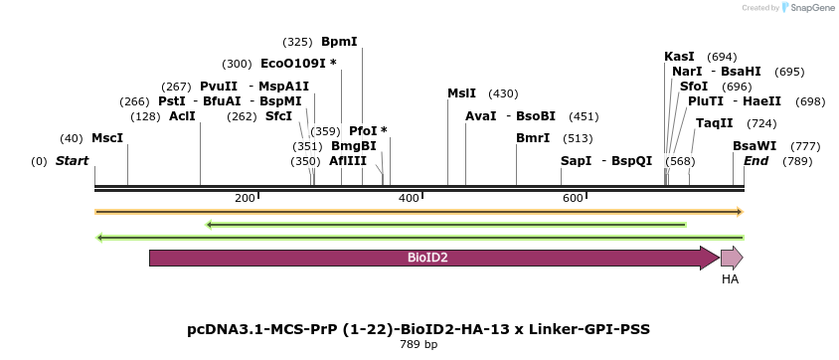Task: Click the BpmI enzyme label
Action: [339, 42]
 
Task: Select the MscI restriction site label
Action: [107, 138]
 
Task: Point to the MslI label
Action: [461, 93]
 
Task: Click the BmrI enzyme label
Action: [533, 138]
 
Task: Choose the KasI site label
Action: [679, 57]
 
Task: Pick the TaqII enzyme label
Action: [714, 123]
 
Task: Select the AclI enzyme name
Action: [182, 116]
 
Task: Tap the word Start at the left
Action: [72, 161]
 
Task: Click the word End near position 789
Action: [755, 161]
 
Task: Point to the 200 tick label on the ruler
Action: [245, 199]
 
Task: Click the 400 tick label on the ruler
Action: [409, 199]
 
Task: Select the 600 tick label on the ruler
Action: [573, 199]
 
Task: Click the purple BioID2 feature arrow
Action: [427, 258]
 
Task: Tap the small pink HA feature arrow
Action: [731, 258]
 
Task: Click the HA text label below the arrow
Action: [730, 279]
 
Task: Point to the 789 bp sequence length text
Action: [419, 345]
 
